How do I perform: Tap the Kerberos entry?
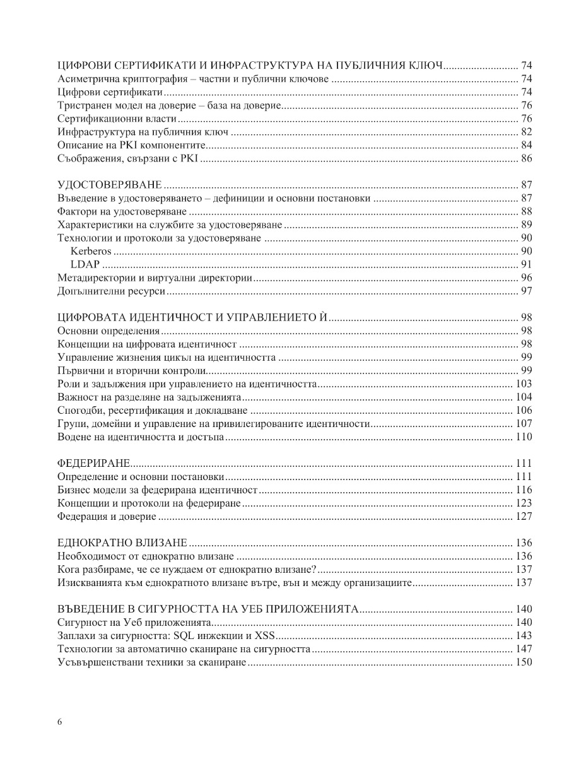click(x=91, y=251)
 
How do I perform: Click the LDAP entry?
click(x=85, y=264)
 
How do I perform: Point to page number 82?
click(x=527, y=132)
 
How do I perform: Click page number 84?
click(x=527, y=145)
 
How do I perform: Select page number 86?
click(x=527, y=158)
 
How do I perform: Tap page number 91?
click(x=527, y=264)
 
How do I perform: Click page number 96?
click(x=527, y=278)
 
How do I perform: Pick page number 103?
click(x=524, y=384)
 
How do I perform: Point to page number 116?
click(x=524, y=490)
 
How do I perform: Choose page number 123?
click(x=524, y=503)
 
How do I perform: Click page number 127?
click(x=524, y=516)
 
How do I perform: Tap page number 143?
click(x=524, y=635)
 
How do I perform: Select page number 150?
click(x=524, y=662)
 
